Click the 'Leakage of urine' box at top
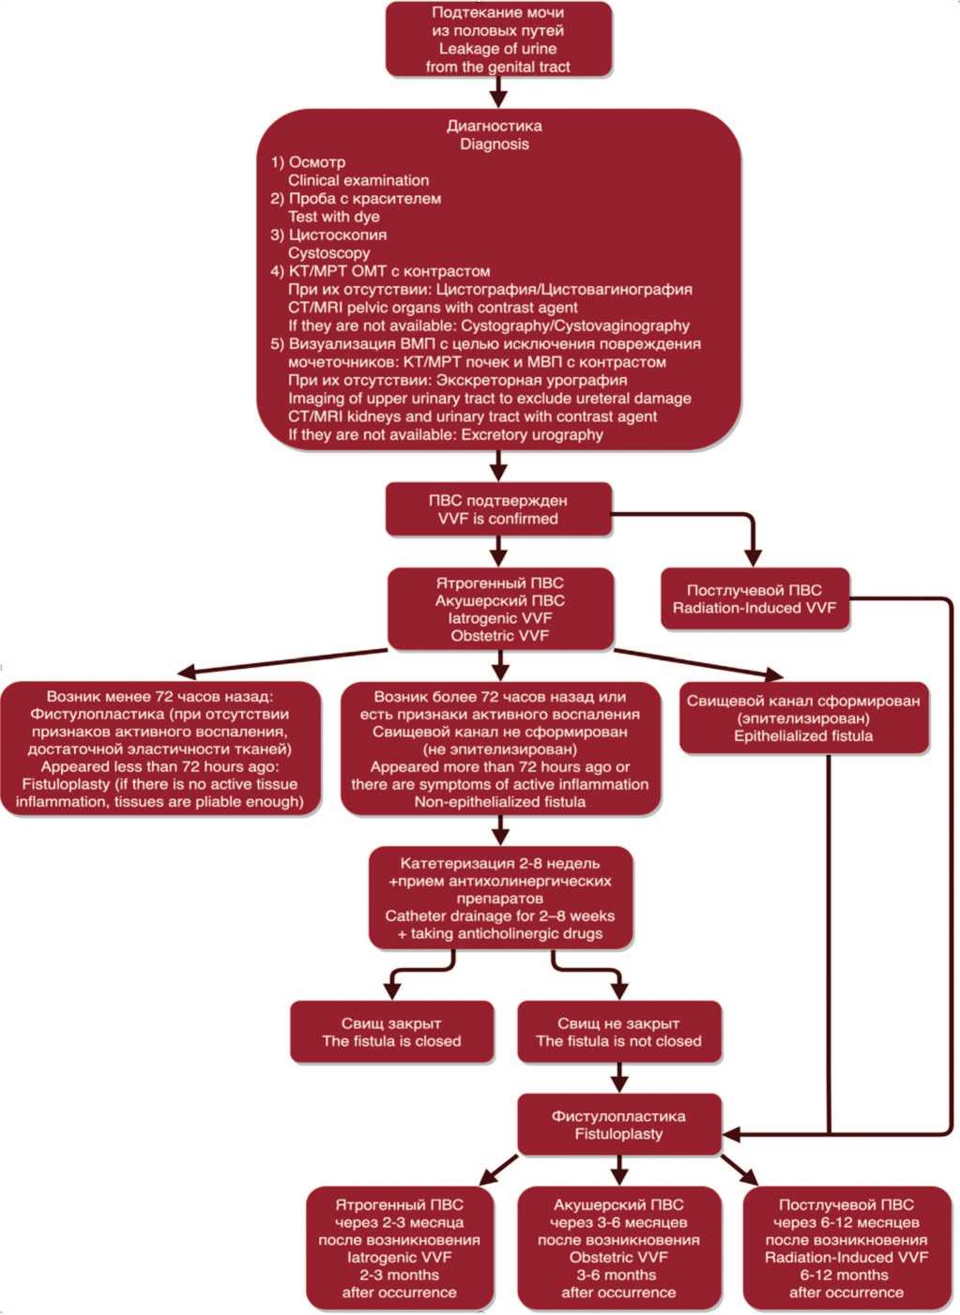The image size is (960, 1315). coord(498,39)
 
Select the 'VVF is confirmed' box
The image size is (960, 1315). coord(498,509)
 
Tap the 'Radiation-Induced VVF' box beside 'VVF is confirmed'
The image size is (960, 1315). coord(754,599)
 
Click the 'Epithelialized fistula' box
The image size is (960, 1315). coord(803,718)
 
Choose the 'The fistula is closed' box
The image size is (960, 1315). coord(391,1033)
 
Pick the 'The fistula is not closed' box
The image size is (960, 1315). coord(618,1033)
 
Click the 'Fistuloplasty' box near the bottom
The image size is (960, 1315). coord(618,1125)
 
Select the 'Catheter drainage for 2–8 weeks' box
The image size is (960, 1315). coord(500,899)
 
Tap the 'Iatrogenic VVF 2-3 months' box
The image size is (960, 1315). coord(400,1248)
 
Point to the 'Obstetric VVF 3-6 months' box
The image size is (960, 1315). coord(618,1248)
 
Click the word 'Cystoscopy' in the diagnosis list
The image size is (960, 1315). coord(329,253)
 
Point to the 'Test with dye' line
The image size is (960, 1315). coord(334,217)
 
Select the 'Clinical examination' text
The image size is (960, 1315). coord(358,180)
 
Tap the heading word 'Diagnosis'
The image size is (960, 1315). coord(495,144)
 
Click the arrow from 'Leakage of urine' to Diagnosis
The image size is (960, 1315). coord(498,92)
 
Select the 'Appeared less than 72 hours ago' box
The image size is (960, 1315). coord(160,749)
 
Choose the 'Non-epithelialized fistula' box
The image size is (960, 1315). coord(500,749)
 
